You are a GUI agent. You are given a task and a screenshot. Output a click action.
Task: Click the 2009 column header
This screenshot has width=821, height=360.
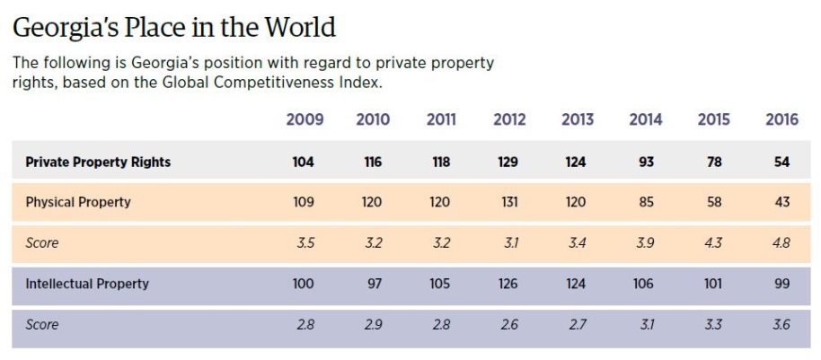click(x=305, y=119)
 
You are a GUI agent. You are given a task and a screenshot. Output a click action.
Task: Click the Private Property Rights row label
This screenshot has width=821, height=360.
click(x=98, y=162)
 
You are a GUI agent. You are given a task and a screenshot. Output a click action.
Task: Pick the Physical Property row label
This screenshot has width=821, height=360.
click(x=78, y=202)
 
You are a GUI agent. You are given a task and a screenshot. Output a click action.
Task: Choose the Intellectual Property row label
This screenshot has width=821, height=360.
click(x=87, y=284)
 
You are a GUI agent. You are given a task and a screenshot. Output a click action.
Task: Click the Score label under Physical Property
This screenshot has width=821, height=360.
click(x=41, y=242)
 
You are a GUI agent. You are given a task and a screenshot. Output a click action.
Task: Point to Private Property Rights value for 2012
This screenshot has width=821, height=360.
click(x=509, y=162)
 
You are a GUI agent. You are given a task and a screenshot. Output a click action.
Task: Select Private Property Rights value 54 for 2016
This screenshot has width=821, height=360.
click(x=782, y=162)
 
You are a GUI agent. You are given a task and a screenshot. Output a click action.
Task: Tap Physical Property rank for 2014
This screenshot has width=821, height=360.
click(x=646, y=202)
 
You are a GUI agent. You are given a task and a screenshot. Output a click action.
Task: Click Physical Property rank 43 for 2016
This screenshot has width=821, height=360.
click(x=782, y=202)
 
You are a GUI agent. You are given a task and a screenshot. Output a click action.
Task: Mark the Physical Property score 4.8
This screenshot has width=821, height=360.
click(x=782, y=242)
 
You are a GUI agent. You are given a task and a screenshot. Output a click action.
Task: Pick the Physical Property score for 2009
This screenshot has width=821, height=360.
click(x=305, y=242)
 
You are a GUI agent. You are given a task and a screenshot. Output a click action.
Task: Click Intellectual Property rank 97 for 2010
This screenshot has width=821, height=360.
click(x=373, y=284)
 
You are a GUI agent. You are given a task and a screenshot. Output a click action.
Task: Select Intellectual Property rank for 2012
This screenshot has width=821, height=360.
click(x=509, y=284)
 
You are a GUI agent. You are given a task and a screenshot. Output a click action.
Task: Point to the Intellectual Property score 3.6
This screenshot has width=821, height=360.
click(x=782, y=324)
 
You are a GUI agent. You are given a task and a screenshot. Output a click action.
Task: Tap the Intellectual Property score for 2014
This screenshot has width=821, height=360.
click(x=646, y=324)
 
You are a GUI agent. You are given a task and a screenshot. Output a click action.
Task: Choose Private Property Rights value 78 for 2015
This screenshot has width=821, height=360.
click(x=714, y=162)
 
